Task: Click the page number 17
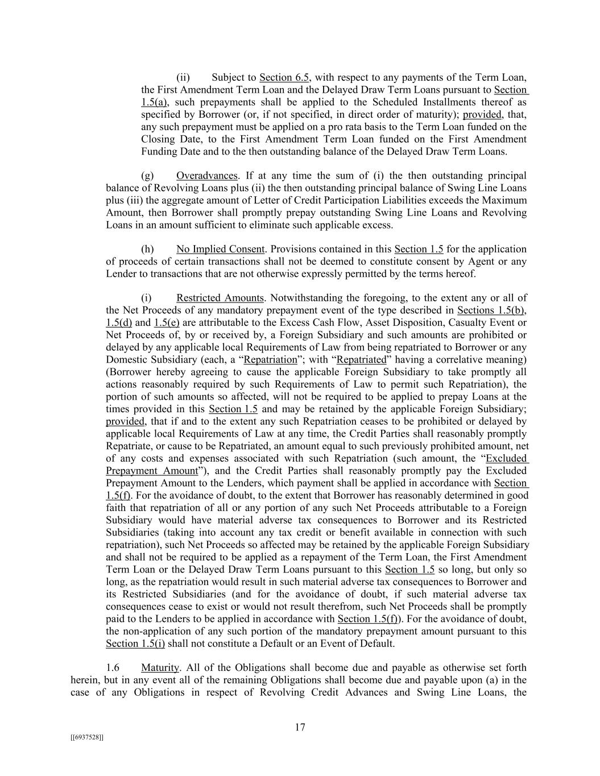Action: [x=300, y=727]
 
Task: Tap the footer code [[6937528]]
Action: [x=87, y=737]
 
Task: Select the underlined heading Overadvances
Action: [x=206, y=175]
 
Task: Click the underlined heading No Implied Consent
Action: [x=220, y=249]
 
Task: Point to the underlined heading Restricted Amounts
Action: [x=220, y=298]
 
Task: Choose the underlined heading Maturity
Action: [x=160, y=667]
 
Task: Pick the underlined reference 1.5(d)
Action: [x=119, y=323]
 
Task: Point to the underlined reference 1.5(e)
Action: [x=167, y=323]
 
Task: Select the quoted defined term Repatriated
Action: [x=362, y=359]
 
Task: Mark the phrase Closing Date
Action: [x=167, y=139]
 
